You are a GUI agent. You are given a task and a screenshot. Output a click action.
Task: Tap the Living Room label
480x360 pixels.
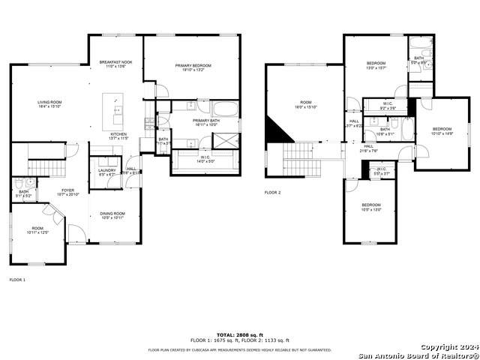point(50,103)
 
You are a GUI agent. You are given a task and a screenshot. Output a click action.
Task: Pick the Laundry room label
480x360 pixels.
point(107,172)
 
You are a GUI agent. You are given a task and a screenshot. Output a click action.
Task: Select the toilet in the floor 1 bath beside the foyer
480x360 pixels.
point(29,182)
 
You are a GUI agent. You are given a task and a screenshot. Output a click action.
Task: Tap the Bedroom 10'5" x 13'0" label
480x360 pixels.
point(370,207)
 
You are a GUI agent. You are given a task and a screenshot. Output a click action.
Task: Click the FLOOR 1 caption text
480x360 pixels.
point(17,280)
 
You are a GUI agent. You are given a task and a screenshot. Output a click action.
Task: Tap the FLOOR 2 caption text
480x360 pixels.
point(272,193)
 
